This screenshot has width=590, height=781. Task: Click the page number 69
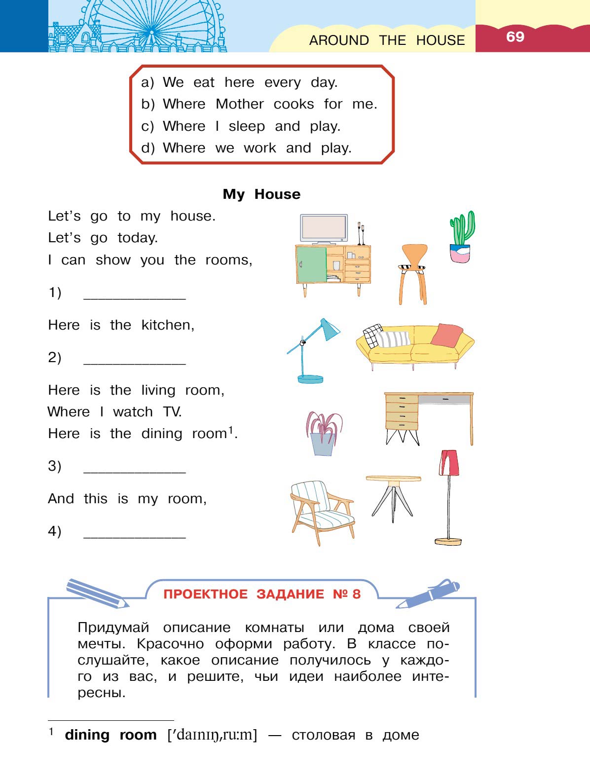(515, 37)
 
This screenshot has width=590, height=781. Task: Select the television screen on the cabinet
(324, 227)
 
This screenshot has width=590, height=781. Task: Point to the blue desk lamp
(314, 350)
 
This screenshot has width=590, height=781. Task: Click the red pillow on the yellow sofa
(446, 335)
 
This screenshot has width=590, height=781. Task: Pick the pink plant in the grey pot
(323, 434)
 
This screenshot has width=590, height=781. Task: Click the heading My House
(261, 194)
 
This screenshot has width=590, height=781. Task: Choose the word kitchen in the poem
(167, 325)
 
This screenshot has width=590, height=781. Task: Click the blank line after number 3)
(135, 472)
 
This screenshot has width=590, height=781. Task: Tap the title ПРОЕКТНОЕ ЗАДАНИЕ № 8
(262, 594)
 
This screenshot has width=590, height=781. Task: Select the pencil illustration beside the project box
(97, 593)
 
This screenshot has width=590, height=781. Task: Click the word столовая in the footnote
(323, 735)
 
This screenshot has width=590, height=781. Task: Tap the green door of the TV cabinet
(311, 264)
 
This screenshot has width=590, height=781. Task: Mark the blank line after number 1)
(135, 298)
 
